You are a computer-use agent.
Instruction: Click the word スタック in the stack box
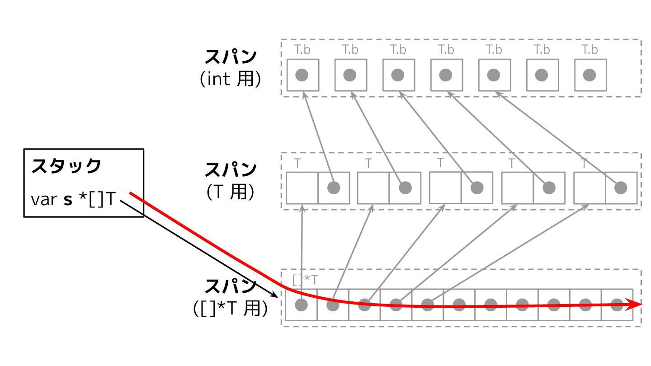[66, 166]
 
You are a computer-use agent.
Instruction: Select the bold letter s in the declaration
[68, 200]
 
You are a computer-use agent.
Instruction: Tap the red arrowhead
[637, 305]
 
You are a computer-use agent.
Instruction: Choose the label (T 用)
[230, 192]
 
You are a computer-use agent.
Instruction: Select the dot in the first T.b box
[302, 75]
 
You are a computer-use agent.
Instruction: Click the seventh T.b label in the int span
[590, 50]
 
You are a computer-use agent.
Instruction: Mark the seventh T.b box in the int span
[590, 75]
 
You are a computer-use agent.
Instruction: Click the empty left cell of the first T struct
[302, 188]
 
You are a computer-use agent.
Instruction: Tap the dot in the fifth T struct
[621, 187]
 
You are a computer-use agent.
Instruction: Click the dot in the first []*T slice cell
[301, 305]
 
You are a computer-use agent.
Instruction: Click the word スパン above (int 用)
[231, 57]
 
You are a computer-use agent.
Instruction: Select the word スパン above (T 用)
[231, 170]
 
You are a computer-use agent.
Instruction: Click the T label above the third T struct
[441, 163]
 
